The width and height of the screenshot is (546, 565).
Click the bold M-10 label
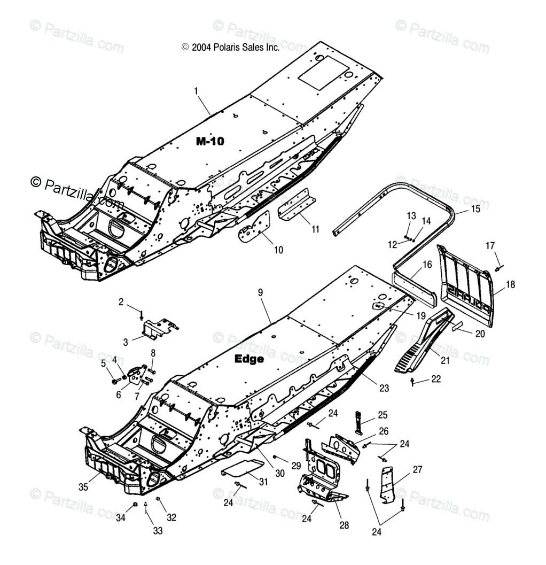(210, 141)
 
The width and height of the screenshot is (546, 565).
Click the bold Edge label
(249, 359)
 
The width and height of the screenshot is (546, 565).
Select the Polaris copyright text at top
(230, 48)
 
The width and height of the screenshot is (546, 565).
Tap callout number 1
(196, 91)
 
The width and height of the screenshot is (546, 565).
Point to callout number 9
(260, 292)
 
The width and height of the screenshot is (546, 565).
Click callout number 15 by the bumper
(475, 209)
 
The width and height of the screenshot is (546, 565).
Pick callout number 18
(510, 285)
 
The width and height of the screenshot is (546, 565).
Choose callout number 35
(83, 487)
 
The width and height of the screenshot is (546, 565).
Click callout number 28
(344, 525)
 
